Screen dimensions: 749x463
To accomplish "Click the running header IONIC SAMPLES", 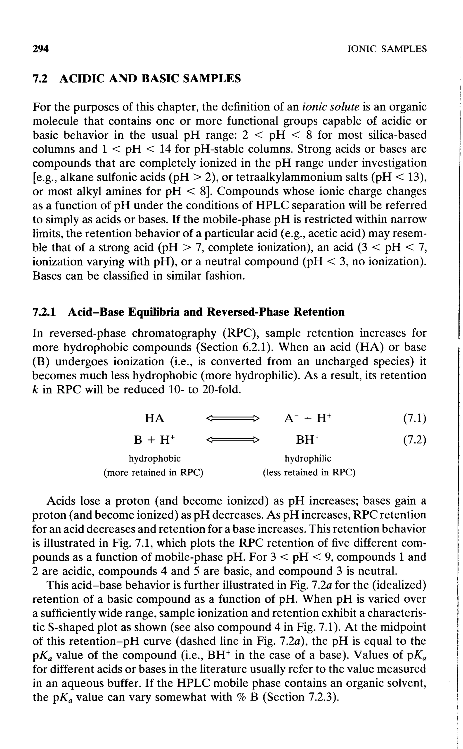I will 387,49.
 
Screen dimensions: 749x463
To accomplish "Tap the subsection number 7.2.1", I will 44,312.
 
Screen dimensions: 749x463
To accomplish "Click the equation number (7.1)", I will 415,418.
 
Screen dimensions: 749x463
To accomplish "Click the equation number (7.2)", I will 415,440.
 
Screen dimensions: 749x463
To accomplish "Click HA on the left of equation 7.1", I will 154,418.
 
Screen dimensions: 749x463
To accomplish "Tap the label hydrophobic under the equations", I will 154,458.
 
